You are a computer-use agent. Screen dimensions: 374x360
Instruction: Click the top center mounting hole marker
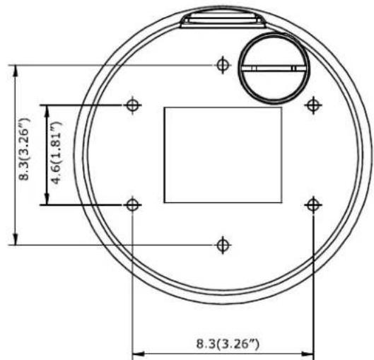[x=223, y=65]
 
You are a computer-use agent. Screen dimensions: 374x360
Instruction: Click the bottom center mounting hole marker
[x=223, y=245]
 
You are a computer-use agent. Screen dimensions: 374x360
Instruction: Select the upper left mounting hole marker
[x=133, y=105]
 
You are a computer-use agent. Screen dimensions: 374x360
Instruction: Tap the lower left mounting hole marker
[x=133, y=205]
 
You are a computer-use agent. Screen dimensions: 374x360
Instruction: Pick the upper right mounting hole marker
[x=313, y=105]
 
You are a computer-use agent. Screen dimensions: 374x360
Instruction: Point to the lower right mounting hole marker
[x=313, y=205]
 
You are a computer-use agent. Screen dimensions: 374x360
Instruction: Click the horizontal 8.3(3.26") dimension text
[x=228, y=344]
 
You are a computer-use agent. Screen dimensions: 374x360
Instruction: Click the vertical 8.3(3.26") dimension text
[x=24, y=149]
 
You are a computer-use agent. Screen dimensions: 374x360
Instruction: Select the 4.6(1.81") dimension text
[x=57, y=153]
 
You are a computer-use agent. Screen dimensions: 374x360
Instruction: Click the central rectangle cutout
[x=223, y=155]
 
